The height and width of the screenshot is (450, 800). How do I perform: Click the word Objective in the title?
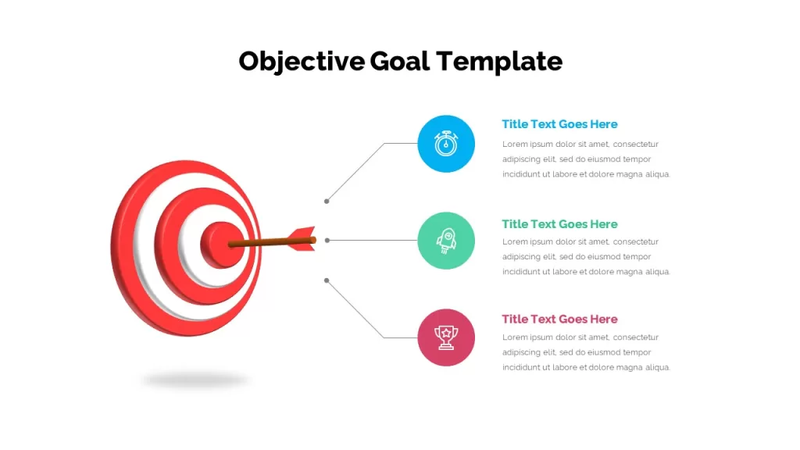[x=302, y=62]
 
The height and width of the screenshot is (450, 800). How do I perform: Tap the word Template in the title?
[x=499, y=62]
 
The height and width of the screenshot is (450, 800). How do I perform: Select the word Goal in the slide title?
[x=399, y=61]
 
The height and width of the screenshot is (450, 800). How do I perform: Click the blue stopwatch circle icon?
[x=446, y=144]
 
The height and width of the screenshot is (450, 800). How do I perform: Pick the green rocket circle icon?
[x=446, y=241]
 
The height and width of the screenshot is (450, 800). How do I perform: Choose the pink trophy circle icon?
[x=446, y=337]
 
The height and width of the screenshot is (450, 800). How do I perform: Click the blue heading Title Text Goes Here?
[x=559, y=124]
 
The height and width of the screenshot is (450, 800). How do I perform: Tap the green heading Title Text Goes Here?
[x=559, y=224]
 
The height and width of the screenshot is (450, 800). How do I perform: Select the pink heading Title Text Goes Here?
[x=559, y=319]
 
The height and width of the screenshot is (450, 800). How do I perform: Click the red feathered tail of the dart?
[x=302, y=239]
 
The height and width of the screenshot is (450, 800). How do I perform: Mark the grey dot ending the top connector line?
[x=327, y=202]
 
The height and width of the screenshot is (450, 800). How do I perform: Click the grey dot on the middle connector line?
[x=327, y=241]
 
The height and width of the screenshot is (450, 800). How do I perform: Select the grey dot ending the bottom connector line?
[x=327, y=280]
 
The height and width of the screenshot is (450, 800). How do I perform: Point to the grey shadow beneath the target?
[x=195, y=380]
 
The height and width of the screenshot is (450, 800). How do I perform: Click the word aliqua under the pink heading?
[x=658, y=367]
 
